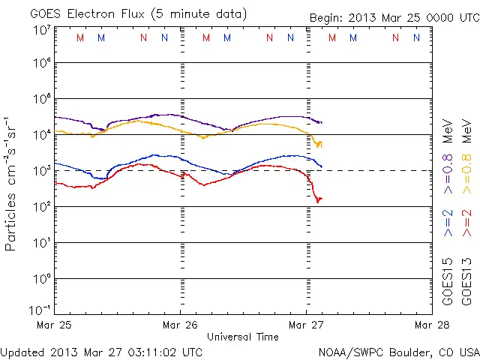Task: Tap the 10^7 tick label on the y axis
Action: (x=41, y=30)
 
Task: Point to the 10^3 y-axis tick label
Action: (x=41, y=171)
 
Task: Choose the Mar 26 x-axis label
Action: (x=180, y=325)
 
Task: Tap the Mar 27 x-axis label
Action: (x=307, y=325)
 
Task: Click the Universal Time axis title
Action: (x=242, y=337)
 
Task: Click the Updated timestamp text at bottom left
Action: (x=102, y=351)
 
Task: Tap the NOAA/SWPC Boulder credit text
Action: (x=398, y=351)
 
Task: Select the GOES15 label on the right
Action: (x=448, y=283)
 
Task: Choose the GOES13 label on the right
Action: (x=466, y=283)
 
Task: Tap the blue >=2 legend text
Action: (x=448, y=223)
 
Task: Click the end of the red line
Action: (x=320, y=199)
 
